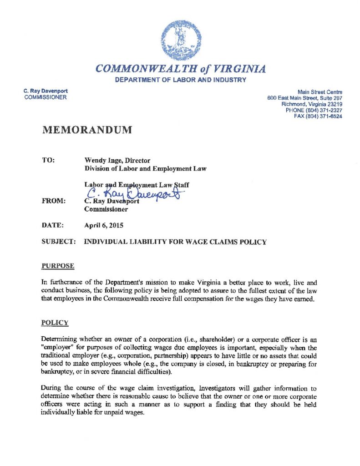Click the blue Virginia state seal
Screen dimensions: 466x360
[x=181, y=40]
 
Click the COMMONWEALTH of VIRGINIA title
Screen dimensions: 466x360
[x=181, y=69]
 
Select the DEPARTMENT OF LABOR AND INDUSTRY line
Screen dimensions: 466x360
[x=181, y=80]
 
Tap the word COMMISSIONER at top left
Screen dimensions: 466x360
[x=45, y=97]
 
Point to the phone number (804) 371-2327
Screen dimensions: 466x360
[x=314, y=110]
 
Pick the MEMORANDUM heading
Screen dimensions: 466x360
[x=87, y=130]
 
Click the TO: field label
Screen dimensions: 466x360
[x=48, y=161]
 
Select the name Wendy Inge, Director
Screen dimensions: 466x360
[x=117, y=161]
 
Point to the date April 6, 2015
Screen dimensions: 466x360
[x=104, y=225]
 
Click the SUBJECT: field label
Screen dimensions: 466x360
[x=58, y=242]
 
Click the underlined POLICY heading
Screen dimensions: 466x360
[x=55, y=323]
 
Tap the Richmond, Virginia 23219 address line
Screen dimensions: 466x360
[x=312, y=104]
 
